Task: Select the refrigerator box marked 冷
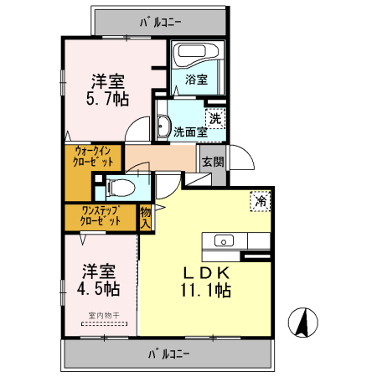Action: tap(261, 201)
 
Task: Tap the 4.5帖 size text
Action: tap(100, 290)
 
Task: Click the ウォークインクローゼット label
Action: tap(93, 157)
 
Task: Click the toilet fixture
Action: tap(120, 186)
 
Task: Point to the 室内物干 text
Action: tap(99, 317)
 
